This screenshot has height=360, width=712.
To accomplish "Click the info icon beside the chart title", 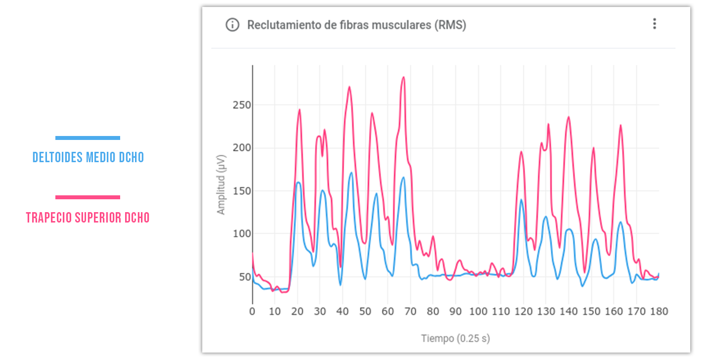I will [x=232, y=25].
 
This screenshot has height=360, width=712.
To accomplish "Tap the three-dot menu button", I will [x=655, y=24].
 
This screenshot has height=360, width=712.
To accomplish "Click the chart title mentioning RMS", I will [x=356, y=25].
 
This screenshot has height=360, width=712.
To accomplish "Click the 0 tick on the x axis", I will [x=252, y=312].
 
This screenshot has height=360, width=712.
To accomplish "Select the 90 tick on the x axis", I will [x=455, y=312].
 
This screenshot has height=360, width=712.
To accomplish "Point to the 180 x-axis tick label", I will [x=659, y=312].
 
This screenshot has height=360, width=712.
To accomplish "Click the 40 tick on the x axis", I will [x=343, y=312].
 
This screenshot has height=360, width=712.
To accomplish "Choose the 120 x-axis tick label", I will [x=523, y=312].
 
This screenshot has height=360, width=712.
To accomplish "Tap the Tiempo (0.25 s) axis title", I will [x=455, y=339].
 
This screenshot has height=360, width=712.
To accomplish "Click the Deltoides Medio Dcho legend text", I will [x=88, y=158].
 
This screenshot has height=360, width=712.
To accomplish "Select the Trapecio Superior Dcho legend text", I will [x=88, y=218].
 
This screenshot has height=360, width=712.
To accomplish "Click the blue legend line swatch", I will [x=88, y=138].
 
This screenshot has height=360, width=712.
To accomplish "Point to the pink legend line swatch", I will [x=88, y=197].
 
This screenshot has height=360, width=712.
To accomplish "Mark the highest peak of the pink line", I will [x=403, y=77].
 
